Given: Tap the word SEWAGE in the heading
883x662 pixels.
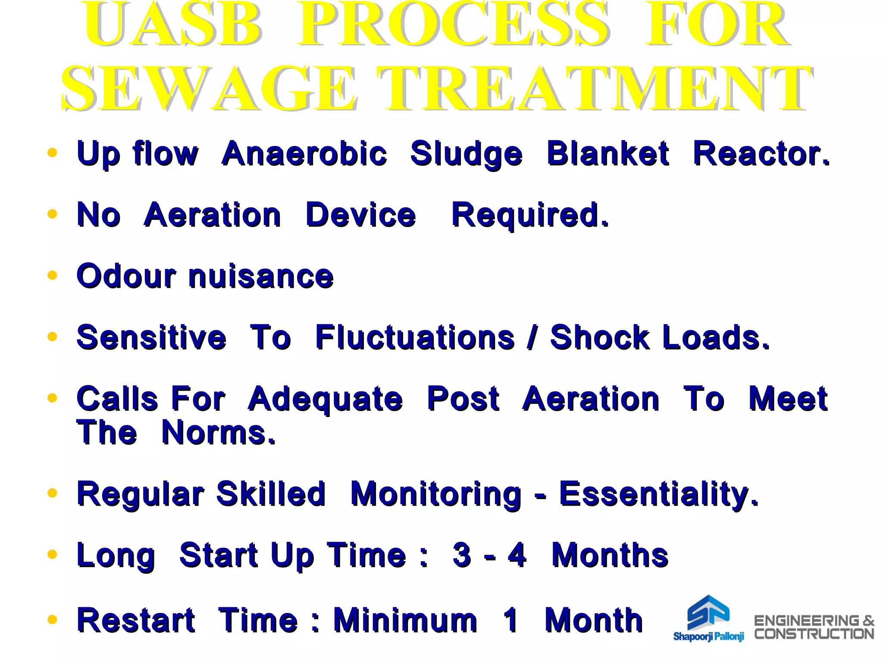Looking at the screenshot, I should (209, 88).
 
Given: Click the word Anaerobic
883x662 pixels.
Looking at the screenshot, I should (304, 154).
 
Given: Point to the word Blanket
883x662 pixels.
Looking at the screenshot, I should (608, 154).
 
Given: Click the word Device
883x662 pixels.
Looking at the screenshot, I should (360, 215).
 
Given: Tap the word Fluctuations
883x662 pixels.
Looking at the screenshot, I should (415, 337).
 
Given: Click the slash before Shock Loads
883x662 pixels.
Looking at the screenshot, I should (532, 337).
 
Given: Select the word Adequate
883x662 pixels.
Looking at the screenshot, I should (326, 399).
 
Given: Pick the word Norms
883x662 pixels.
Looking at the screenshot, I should (218, 433).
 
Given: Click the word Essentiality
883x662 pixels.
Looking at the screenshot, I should (658, 494).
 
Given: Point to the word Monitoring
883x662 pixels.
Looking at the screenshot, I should (435, 494).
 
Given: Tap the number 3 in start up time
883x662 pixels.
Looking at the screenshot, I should (462, 555).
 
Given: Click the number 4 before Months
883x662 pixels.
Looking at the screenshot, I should (517, 555).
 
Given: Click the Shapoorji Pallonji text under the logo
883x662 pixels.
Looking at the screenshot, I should (708, 637).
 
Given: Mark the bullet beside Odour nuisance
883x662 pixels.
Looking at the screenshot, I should (52, 275).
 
